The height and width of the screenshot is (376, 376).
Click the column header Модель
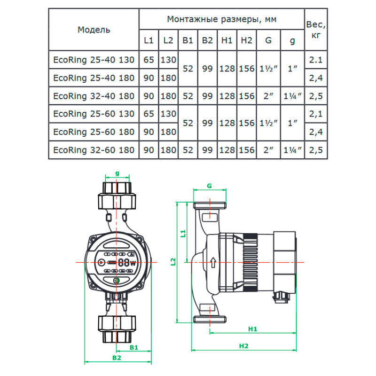[94, 30]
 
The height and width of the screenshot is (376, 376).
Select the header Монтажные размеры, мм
[221, 19]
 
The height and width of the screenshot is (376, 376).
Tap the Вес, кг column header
[316, 29]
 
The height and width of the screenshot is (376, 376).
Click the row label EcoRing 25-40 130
[94, 60]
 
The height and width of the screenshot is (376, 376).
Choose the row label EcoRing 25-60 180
[94, 132]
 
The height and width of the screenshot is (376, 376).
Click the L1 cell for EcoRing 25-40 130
[149, 60]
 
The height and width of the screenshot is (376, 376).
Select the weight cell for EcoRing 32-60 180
[316, 150]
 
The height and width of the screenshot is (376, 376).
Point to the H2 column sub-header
[246, 40]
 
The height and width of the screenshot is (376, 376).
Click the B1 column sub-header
[188, 40]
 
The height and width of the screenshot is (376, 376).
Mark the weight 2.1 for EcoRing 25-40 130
[316, 60]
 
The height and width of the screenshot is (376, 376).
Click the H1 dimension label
[252, 329]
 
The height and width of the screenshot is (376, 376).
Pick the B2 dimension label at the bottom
[117, 358]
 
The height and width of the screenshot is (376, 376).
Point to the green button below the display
[117, 281]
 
